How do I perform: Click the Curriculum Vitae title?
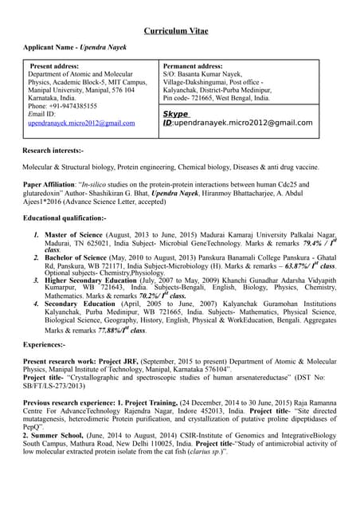click(180, 31)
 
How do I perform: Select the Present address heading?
click(57, 66)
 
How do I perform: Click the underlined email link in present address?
click(81, 124)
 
